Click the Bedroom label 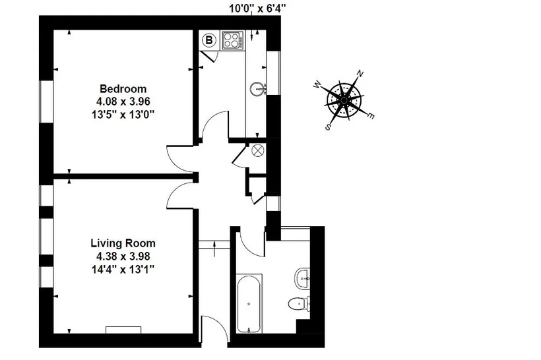coord(123,89)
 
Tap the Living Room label coord(123,243)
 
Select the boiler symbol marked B coord(208,40)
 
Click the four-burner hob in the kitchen coord(233,40)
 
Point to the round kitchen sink coord(257,88)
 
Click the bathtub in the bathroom coord(249,303)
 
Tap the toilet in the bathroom coord(298,303)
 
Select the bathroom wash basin coord(302,278)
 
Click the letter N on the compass coord(360,74)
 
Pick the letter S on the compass coord(328,127)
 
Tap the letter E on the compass coord(370,116)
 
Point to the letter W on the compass coord(317,84)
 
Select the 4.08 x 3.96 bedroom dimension coord(123,102)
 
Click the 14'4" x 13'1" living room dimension coord(123,268)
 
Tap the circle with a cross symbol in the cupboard coord(258,150)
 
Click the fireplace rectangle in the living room coord(123,330)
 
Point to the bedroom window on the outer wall coord(46,102)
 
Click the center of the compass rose coord(344,100)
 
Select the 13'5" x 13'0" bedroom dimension coord(123,115)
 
